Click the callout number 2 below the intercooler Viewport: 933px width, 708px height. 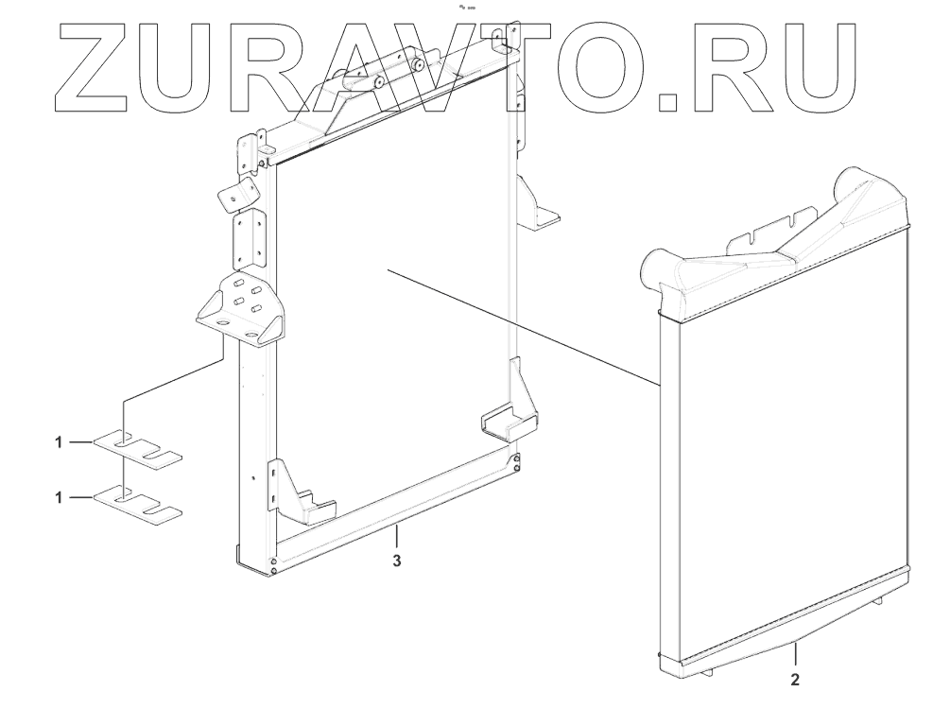click(x=794, y=679)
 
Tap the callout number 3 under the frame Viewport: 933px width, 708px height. click(x=397, y=561)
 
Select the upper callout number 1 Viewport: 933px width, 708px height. click(x=59, y=441)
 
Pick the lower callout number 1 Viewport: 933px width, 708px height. click(x=59, y=498)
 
